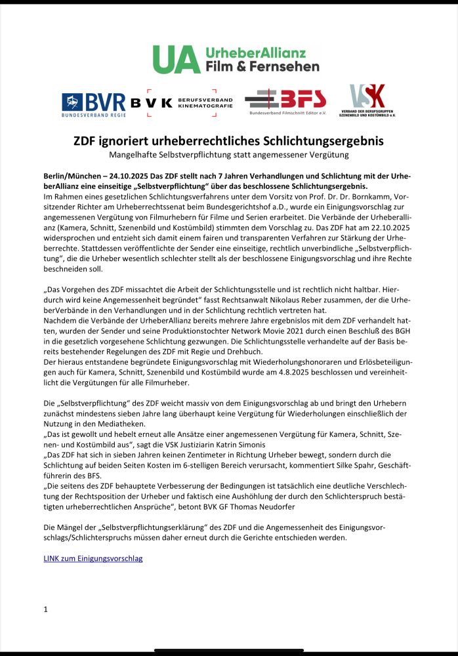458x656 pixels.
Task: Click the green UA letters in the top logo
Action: pos(167,60)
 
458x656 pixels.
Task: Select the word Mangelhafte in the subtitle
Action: pos(135,155)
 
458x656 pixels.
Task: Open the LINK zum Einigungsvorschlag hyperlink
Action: pos(93,558)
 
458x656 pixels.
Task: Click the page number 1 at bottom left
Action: pos(45,609)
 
